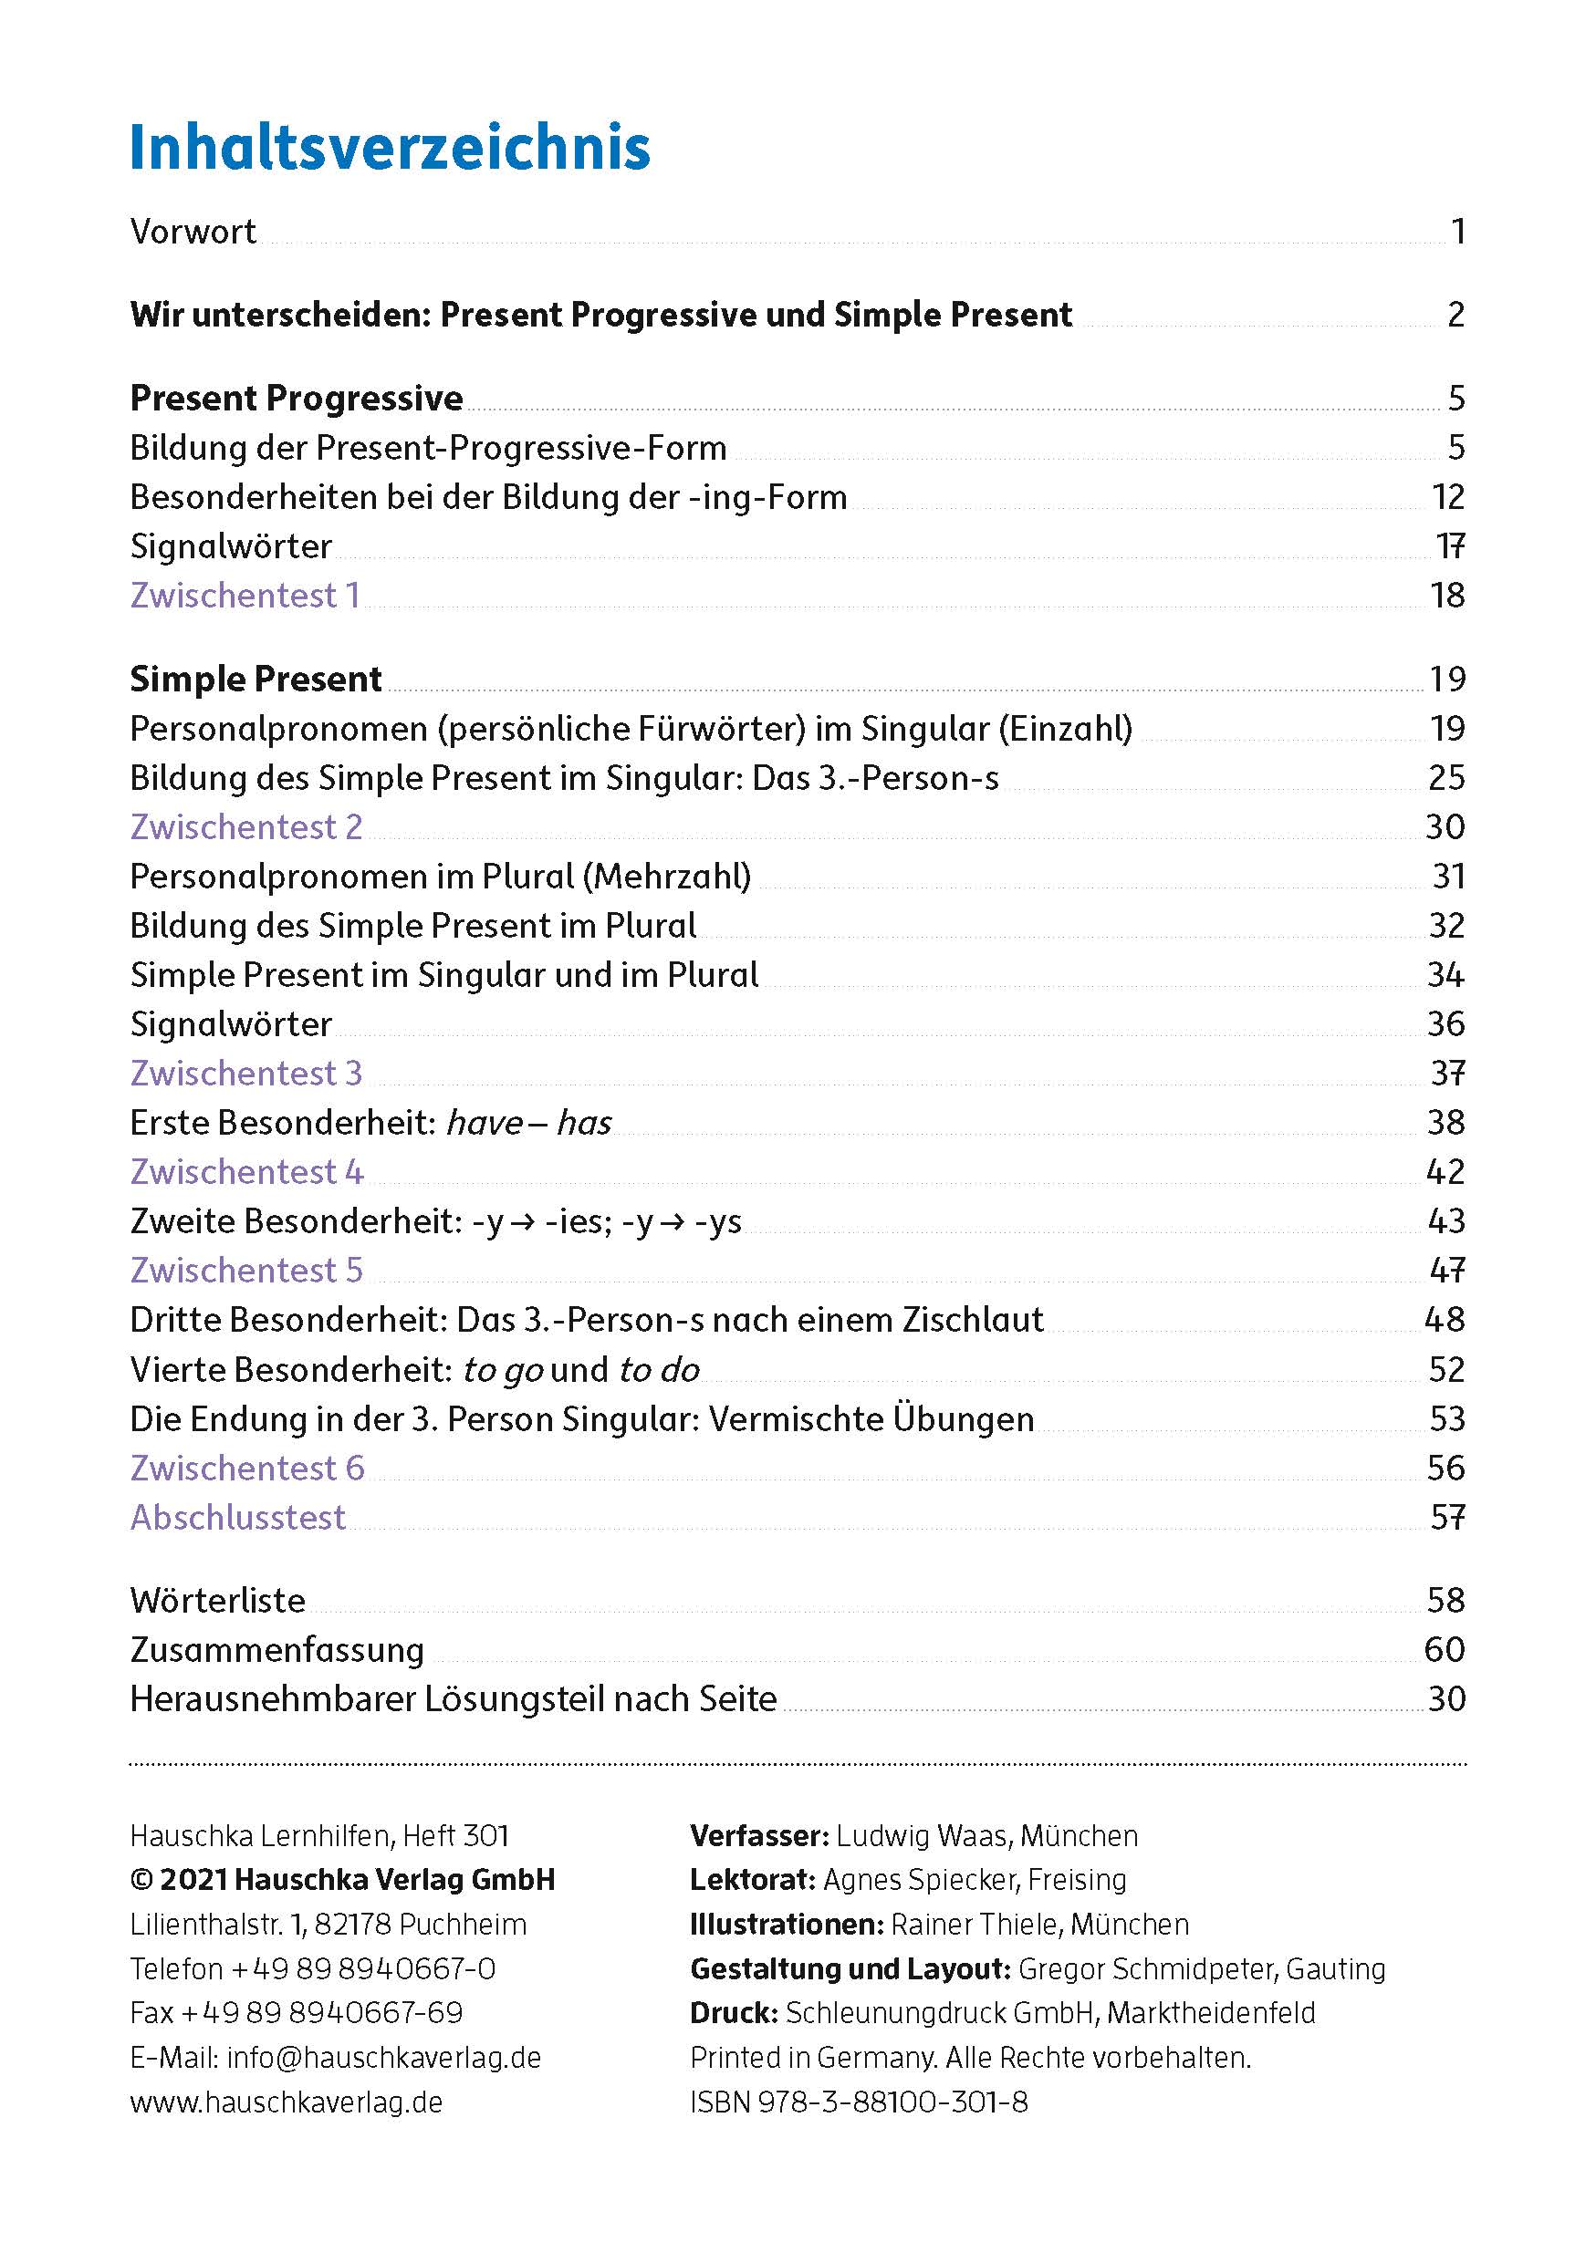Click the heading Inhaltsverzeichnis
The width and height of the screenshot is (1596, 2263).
tap(390, 148)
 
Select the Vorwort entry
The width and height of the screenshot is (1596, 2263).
tap(193, 232)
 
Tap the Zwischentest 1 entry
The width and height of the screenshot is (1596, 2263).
tap(245, 596)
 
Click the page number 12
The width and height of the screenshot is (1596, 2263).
tap(1447, 497)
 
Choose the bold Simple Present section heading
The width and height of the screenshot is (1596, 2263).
tap(256, 680)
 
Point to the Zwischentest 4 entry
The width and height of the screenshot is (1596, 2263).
tap(246, 1172)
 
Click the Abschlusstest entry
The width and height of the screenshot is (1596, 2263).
tap(237, 1517)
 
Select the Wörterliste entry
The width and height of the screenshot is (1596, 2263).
tap(218, 1600)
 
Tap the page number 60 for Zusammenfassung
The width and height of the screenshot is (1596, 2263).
tap(1445, 1649)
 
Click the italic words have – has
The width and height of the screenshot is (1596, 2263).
tap(528, 1123)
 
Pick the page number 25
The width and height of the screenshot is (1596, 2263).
tap(1446, 778)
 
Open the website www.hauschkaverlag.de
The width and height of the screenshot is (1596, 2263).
tap(286, 2102)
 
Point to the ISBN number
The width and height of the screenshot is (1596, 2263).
tap(859, 2102)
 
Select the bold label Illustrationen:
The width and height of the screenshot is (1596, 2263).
tap(787, 1924)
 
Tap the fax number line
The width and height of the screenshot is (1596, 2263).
tap(296, 2013)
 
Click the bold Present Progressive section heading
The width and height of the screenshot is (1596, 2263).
tap(297, 399)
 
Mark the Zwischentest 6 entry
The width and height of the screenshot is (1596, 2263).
tap(246, 1468)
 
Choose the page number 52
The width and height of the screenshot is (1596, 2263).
tap(1446, 1369)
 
